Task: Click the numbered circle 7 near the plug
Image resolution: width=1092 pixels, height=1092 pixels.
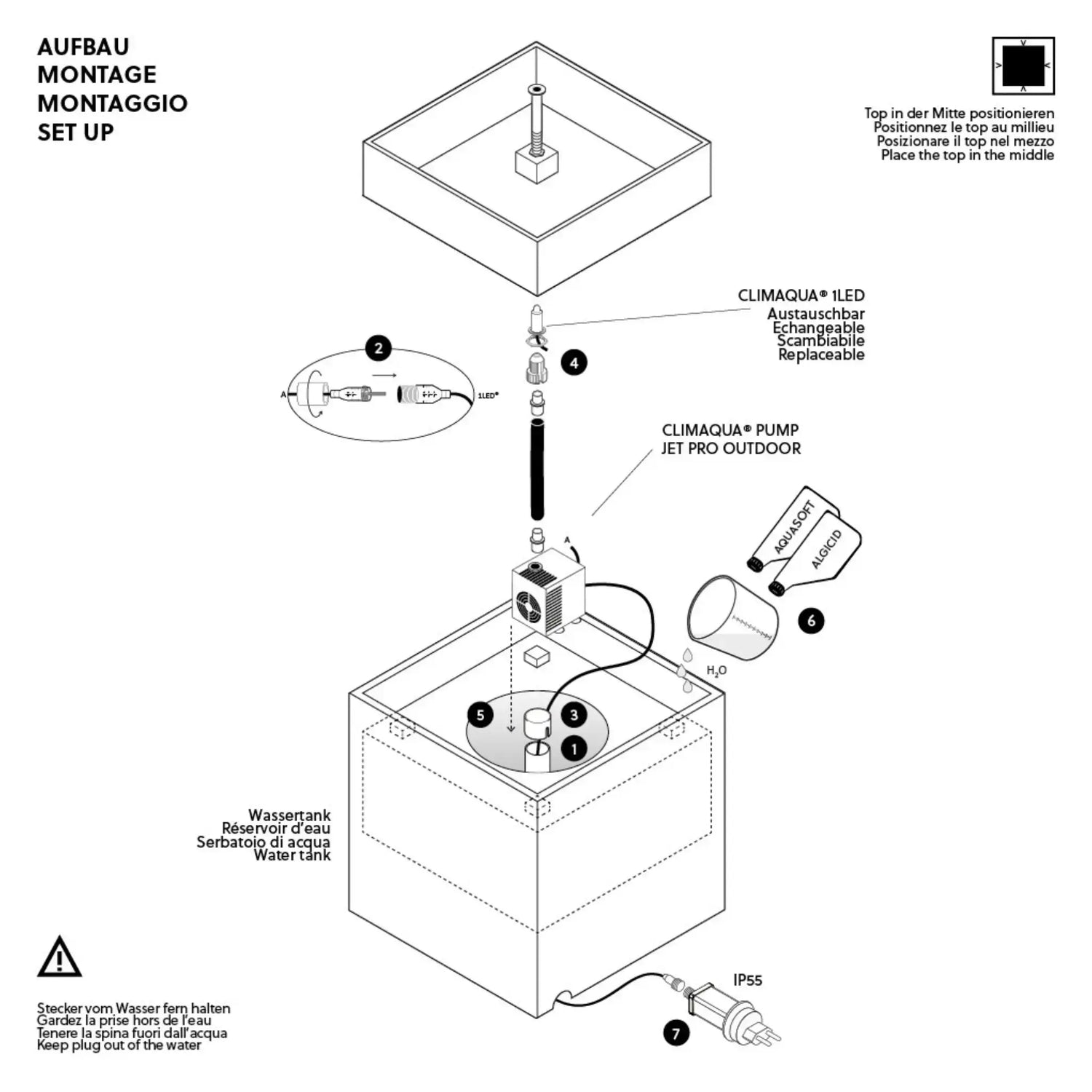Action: pos(676,1033)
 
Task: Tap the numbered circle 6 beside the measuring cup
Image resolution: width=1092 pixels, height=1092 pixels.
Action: pos(811,620)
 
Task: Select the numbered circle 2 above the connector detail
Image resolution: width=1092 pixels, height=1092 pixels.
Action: pos(379,348)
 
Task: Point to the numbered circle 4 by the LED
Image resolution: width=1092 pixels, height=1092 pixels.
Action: pos(574,362)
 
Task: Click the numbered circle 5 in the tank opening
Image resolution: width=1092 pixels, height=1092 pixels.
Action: pos(480,715)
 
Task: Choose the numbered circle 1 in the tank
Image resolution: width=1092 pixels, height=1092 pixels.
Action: pos(574,748)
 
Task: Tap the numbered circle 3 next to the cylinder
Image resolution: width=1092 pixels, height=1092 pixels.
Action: pos(574,715)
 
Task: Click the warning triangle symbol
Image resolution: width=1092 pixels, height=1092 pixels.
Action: pos(59,957)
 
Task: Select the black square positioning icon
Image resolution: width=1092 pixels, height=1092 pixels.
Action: pos(1023,66)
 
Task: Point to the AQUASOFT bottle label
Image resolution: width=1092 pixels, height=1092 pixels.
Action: pos(794,527)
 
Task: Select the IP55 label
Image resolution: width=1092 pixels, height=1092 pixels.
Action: pos(748,980)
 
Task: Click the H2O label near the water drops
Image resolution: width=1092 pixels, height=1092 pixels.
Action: pos(716,670)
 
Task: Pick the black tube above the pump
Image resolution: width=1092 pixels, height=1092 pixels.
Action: pos(538,469)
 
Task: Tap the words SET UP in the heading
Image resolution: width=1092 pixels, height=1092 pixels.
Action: pos(76,132)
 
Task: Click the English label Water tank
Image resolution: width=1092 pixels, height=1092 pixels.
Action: pos(292,855)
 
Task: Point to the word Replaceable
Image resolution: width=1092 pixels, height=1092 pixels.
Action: pos(821,355)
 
